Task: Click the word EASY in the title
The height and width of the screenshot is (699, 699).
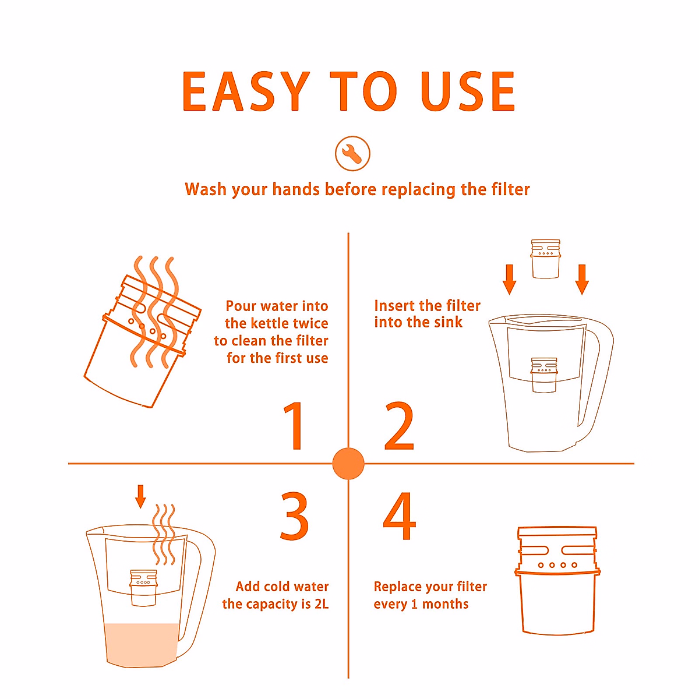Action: [x=245, y=91]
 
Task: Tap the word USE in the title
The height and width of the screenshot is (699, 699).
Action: [x=468, y=91]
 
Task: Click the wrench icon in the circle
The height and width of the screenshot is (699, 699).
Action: [x=352, y=153]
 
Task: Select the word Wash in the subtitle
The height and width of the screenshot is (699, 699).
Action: [x=206, y=189]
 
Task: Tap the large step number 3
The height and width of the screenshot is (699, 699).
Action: [x=294, y=517]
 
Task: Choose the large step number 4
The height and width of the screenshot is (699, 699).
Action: [x=400, y=516]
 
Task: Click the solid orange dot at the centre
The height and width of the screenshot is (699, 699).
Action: [x=348, y=464]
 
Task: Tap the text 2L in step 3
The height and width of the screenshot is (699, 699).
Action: [x=322, y=604]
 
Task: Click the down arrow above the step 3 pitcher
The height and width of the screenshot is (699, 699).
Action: [x=140, y=496]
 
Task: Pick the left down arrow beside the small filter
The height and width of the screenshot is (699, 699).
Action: [x=509, y=280]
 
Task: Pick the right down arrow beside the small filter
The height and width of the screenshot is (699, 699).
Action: [x=582, y=280]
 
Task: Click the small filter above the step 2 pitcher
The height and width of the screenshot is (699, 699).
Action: [x=546, y=259]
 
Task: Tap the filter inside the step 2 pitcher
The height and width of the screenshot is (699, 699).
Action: [x=544, y=375]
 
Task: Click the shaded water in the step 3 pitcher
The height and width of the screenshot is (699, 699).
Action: [x=142, y=645]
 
